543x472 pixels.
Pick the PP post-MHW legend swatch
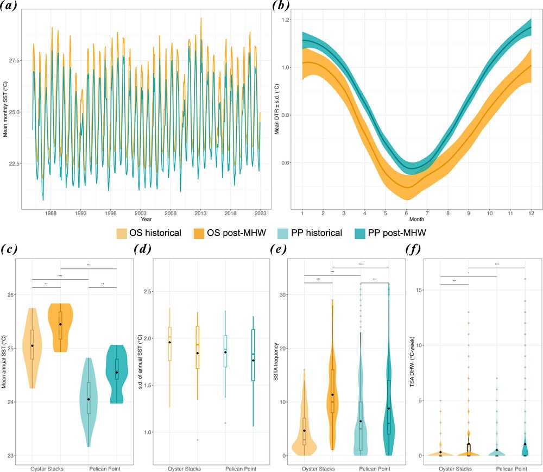point(356,232)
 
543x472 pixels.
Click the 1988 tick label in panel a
point(50,214)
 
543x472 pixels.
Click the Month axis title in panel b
point(416,220)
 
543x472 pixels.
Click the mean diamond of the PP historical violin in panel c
point(88,400)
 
